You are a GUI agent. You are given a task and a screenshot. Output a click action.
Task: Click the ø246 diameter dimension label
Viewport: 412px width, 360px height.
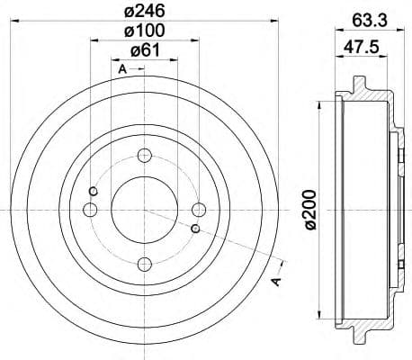pos(141,11)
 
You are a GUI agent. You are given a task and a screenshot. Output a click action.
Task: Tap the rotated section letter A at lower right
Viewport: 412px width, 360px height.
pos(277,282)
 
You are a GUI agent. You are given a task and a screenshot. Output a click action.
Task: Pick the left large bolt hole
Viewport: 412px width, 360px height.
pos(88,210)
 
